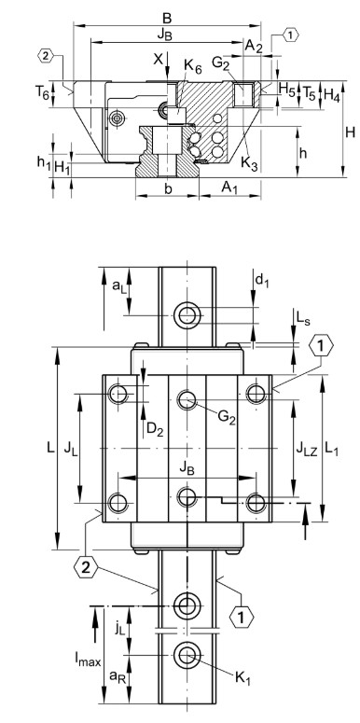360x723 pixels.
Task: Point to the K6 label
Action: [x=192, y=65]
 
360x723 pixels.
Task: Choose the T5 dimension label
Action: [x=309, y=95]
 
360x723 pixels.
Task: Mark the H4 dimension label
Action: [x=331, y=95]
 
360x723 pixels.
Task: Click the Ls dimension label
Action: [x=278, y=320]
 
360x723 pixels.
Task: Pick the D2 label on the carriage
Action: [x=155, y=430]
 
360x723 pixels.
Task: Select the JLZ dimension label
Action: [x=305, y=450]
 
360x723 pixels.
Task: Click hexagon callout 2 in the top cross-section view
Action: [x=47, y=57]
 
